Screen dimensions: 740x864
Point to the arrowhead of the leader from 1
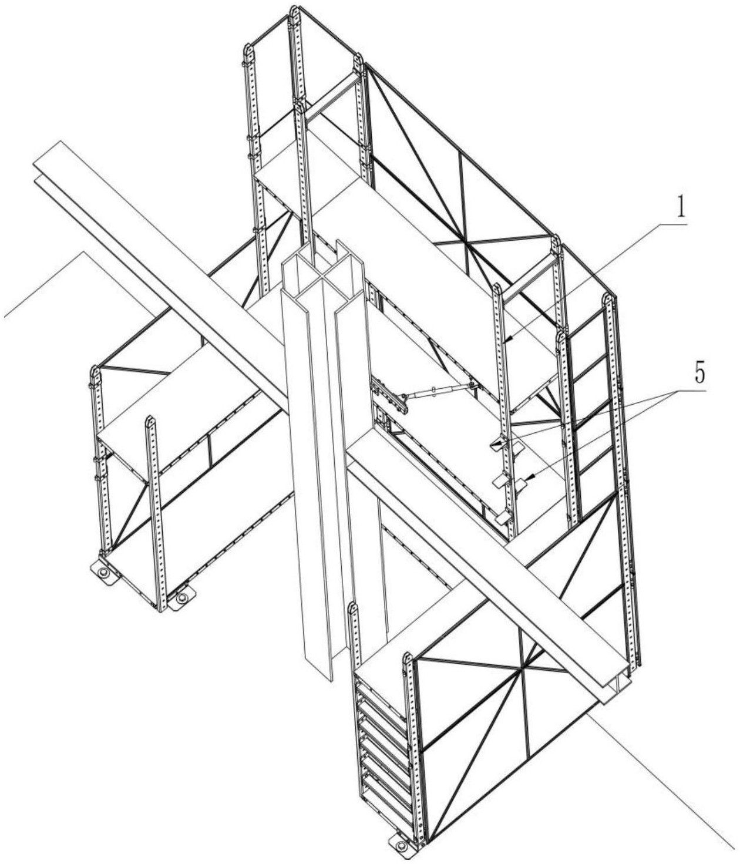[506, 340]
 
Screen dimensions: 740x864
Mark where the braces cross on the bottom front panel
[522, 669]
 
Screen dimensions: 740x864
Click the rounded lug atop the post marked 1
[497, 289]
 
